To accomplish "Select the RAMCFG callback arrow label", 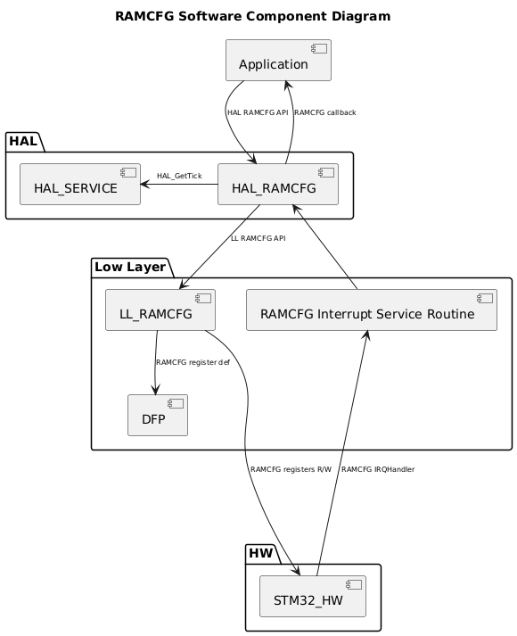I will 325,113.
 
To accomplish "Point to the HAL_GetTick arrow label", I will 179,176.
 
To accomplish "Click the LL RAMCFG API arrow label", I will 258,239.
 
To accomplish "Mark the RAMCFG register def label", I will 193,363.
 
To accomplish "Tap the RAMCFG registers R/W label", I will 291,469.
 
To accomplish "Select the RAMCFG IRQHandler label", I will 378,469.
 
